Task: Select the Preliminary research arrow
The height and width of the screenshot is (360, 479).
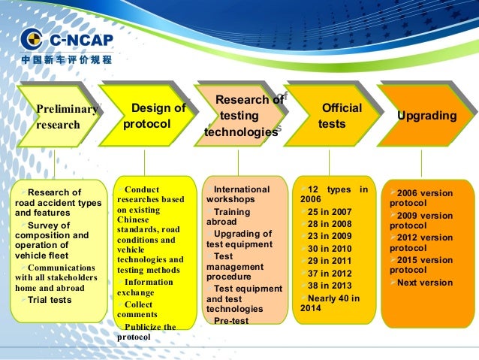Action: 60,117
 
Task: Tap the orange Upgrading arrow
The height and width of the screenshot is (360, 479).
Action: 424,116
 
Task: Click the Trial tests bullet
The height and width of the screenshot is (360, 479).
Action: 50,300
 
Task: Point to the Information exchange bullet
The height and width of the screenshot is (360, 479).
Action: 146,287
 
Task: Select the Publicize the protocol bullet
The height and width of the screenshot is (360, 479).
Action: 147,332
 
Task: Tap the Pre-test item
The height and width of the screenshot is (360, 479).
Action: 233,320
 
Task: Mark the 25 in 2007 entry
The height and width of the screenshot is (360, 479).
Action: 330,211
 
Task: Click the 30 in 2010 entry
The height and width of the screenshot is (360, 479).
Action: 330,248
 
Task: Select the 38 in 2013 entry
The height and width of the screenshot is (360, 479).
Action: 330,285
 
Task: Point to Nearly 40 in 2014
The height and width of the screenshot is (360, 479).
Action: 330,303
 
